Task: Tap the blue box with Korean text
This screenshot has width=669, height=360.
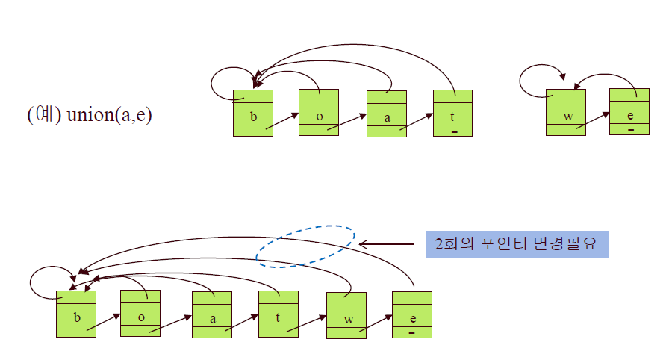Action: click(x=517, y=244)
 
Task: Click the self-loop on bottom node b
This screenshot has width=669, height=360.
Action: click(x=41, y=282)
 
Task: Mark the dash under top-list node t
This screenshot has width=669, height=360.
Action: click(x=453, y=131)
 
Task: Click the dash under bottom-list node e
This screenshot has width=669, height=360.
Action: click(x=412, y=332)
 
